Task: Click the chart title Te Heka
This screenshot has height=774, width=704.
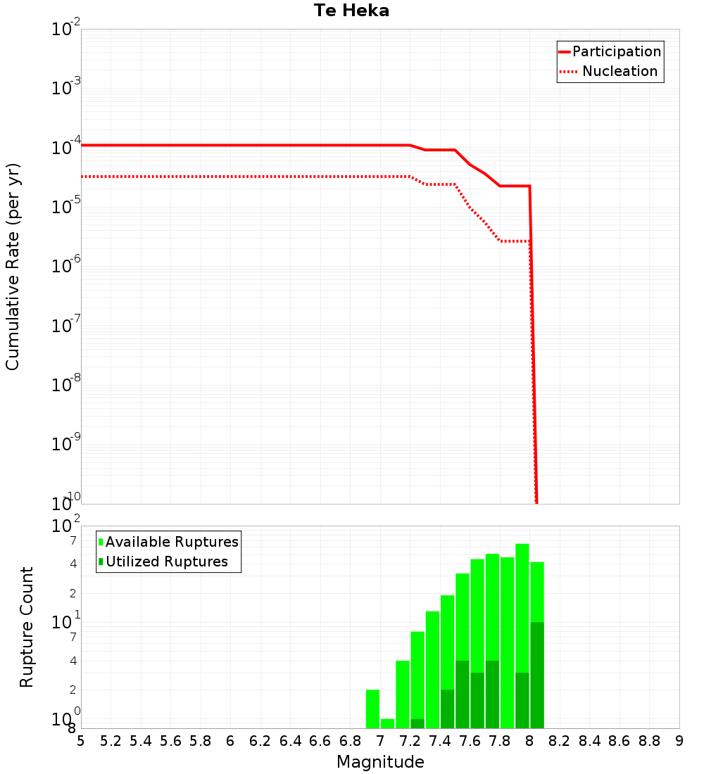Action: pos(351,11)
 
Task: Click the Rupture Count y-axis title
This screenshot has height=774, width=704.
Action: pos(27,626)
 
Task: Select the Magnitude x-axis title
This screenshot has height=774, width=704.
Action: pos(380,762)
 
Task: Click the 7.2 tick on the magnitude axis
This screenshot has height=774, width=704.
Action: pos(410,741)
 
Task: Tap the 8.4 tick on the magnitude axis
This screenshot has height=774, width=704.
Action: pos(589,741)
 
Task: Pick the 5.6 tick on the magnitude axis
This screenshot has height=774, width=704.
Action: pos(170,741)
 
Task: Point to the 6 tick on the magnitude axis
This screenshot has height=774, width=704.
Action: pos(230,741)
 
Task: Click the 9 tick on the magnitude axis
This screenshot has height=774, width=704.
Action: pos(679,741)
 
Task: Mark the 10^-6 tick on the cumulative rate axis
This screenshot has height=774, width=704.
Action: pos(65,266)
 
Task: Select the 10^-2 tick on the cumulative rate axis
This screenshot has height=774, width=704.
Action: pos(65,30)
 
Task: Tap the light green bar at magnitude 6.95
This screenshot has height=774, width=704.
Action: pos(372,709)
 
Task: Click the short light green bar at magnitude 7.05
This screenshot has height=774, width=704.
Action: pos(387,723)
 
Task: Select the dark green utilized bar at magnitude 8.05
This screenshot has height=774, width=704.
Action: pos(537,675)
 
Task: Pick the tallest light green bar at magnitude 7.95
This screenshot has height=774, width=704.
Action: pos(522,605)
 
